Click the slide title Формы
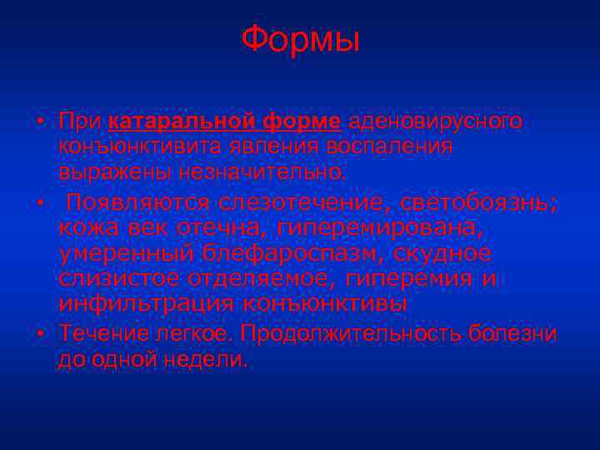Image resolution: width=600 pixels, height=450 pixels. [x=300, y=40]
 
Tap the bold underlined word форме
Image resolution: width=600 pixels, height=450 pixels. [x=302, y=122]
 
